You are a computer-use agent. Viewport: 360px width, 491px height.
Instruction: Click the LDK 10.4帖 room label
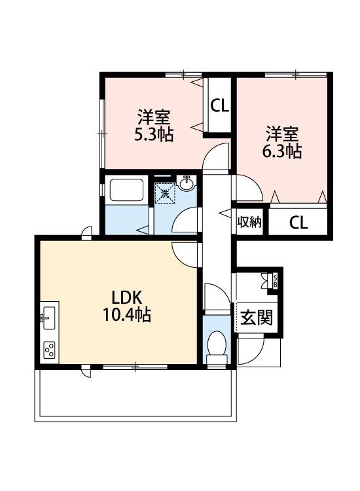coord(127,306)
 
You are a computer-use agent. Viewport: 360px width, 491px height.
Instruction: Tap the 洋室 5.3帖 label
coord(154,126)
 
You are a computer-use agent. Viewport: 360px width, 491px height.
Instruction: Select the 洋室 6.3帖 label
coord(281,142)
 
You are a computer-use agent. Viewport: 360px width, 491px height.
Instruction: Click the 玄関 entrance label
coord(257,318)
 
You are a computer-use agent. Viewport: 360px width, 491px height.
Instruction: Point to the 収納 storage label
coord(249,222)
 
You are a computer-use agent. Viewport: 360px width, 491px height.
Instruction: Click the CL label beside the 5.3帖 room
coord(219,105)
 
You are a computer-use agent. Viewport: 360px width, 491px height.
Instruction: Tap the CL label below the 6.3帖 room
coord(298,223)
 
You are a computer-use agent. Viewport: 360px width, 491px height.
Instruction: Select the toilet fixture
coord(217,348)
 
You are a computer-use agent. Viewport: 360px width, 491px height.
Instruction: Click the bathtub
coord(126,191)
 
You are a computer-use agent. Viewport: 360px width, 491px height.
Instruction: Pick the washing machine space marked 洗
coord(165,193)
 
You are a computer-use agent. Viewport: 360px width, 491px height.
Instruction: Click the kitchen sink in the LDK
coord(49,318)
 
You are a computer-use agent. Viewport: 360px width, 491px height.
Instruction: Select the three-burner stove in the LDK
coord(50,350)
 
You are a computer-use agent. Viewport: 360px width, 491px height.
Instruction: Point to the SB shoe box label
coord(275,280)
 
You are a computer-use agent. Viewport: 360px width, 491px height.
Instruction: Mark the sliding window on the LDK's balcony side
coord(135,367)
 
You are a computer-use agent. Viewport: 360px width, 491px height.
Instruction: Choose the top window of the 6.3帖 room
coord(296,75)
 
